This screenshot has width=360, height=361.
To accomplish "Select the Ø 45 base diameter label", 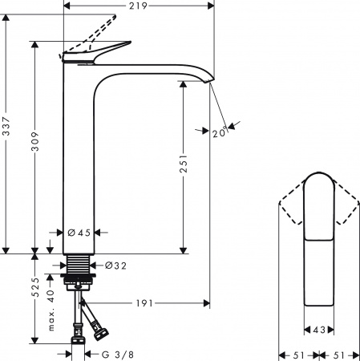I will [x=78, y=233].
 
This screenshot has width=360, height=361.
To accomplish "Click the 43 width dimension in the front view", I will [x=319, y=330].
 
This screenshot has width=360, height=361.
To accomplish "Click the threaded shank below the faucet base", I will [x=79, y=266].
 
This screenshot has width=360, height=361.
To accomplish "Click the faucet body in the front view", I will [x=318, y=241].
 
